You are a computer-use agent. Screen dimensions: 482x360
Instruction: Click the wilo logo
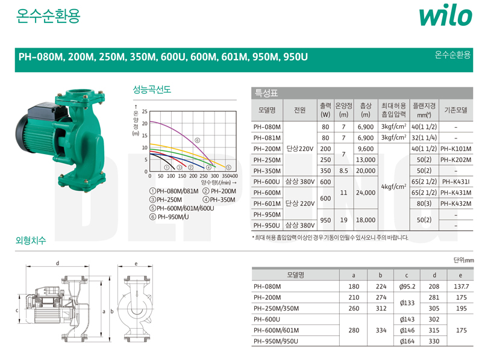click(x=445, y=16)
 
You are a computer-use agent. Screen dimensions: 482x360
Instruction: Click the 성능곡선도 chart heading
click(x=152, y=89)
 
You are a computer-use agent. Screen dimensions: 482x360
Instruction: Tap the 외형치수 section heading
click(x=31, y=240)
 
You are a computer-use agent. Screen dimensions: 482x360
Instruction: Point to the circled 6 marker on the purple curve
click(x=198, y=140)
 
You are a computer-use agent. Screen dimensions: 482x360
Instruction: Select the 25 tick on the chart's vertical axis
click(x=145, y=111)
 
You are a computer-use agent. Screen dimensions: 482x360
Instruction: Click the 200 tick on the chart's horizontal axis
click(x=193, y=176)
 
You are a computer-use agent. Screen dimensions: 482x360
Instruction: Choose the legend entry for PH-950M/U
click(x=169, y=217)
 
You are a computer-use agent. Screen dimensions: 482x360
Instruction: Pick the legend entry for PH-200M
click(x=219, y=191)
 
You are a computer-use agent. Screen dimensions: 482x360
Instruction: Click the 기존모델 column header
click(x=456, y=110)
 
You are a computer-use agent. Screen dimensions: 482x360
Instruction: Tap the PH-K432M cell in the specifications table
click(x=456, y=203)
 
